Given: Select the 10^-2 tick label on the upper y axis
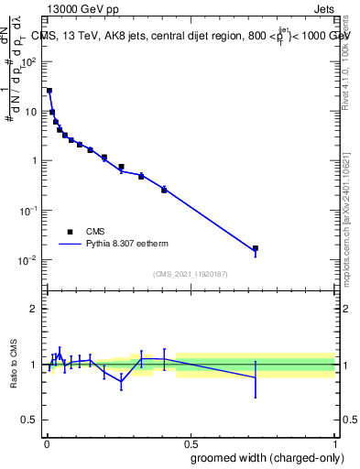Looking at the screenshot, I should pos(29,259).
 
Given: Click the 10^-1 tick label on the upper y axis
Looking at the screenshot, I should pos(29,210).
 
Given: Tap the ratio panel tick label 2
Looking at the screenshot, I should pos(33,309).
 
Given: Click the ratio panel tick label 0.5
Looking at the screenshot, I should pos(29,420).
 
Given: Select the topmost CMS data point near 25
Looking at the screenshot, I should pos(49,91).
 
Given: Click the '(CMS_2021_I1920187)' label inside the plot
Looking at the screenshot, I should pos(190,274).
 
